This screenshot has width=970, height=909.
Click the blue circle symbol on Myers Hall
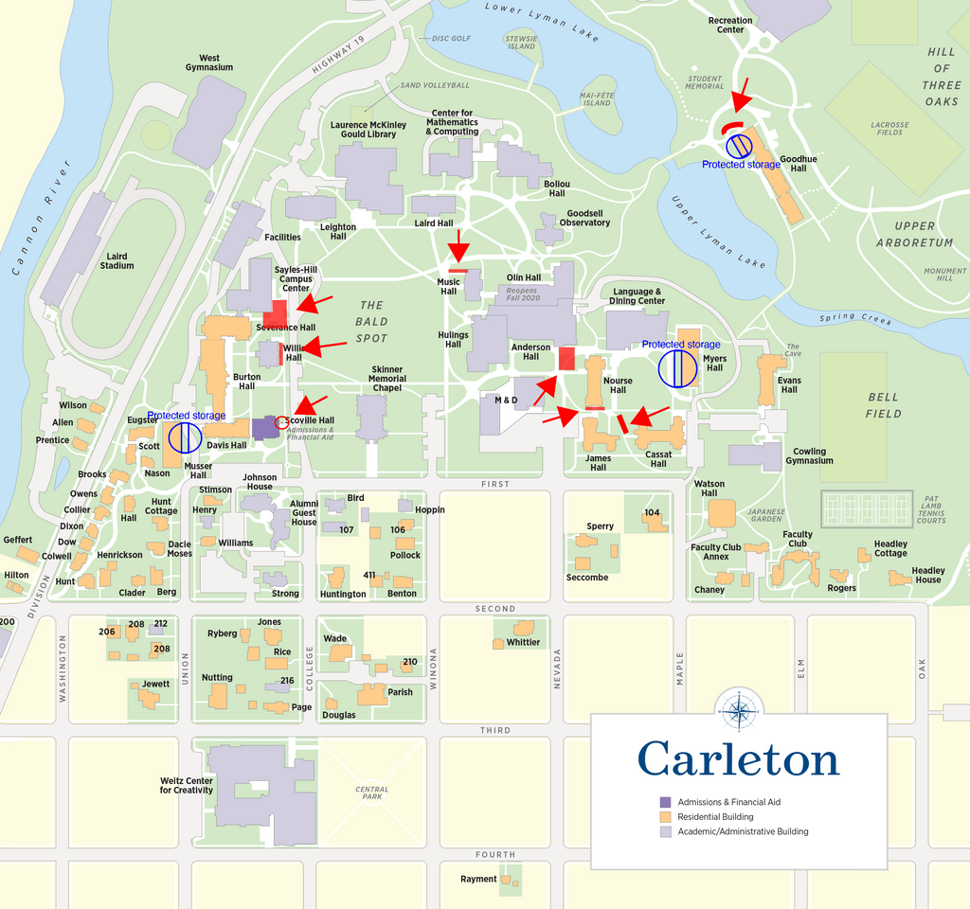click(678, 368)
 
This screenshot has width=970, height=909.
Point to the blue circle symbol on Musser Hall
click(185, 437)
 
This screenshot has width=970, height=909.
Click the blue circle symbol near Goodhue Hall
click(739, 146)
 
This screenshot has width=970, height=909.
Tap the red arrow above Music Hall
click(458, 248)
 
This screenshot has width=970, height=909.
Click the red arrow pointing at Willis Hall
click(324, 348)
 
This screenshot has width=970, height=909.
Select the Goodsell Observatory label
click(584, 219)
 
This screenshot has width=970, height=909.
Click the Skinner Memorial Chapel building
click(372, 418)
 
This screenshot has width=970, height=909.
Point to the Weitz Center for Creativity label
click(187, 785)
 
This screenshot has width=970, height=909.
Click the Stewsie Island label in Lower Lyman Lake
click(521, 42)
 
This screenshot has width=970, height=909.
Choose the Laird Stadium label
click(117, 260)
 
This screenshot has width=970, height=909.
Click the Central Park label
click(372, 793)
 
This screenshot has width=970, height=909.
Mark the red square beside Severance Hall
click(275, 313)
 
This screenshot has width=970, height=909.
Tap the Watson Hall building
click(721, 513)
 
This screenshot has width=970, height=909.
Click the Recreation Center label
click(730, 25)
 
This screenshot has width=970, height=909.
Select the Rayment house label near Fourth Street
click(478, 879)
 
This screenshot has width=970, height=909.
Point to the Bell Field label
click(882, 405)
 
